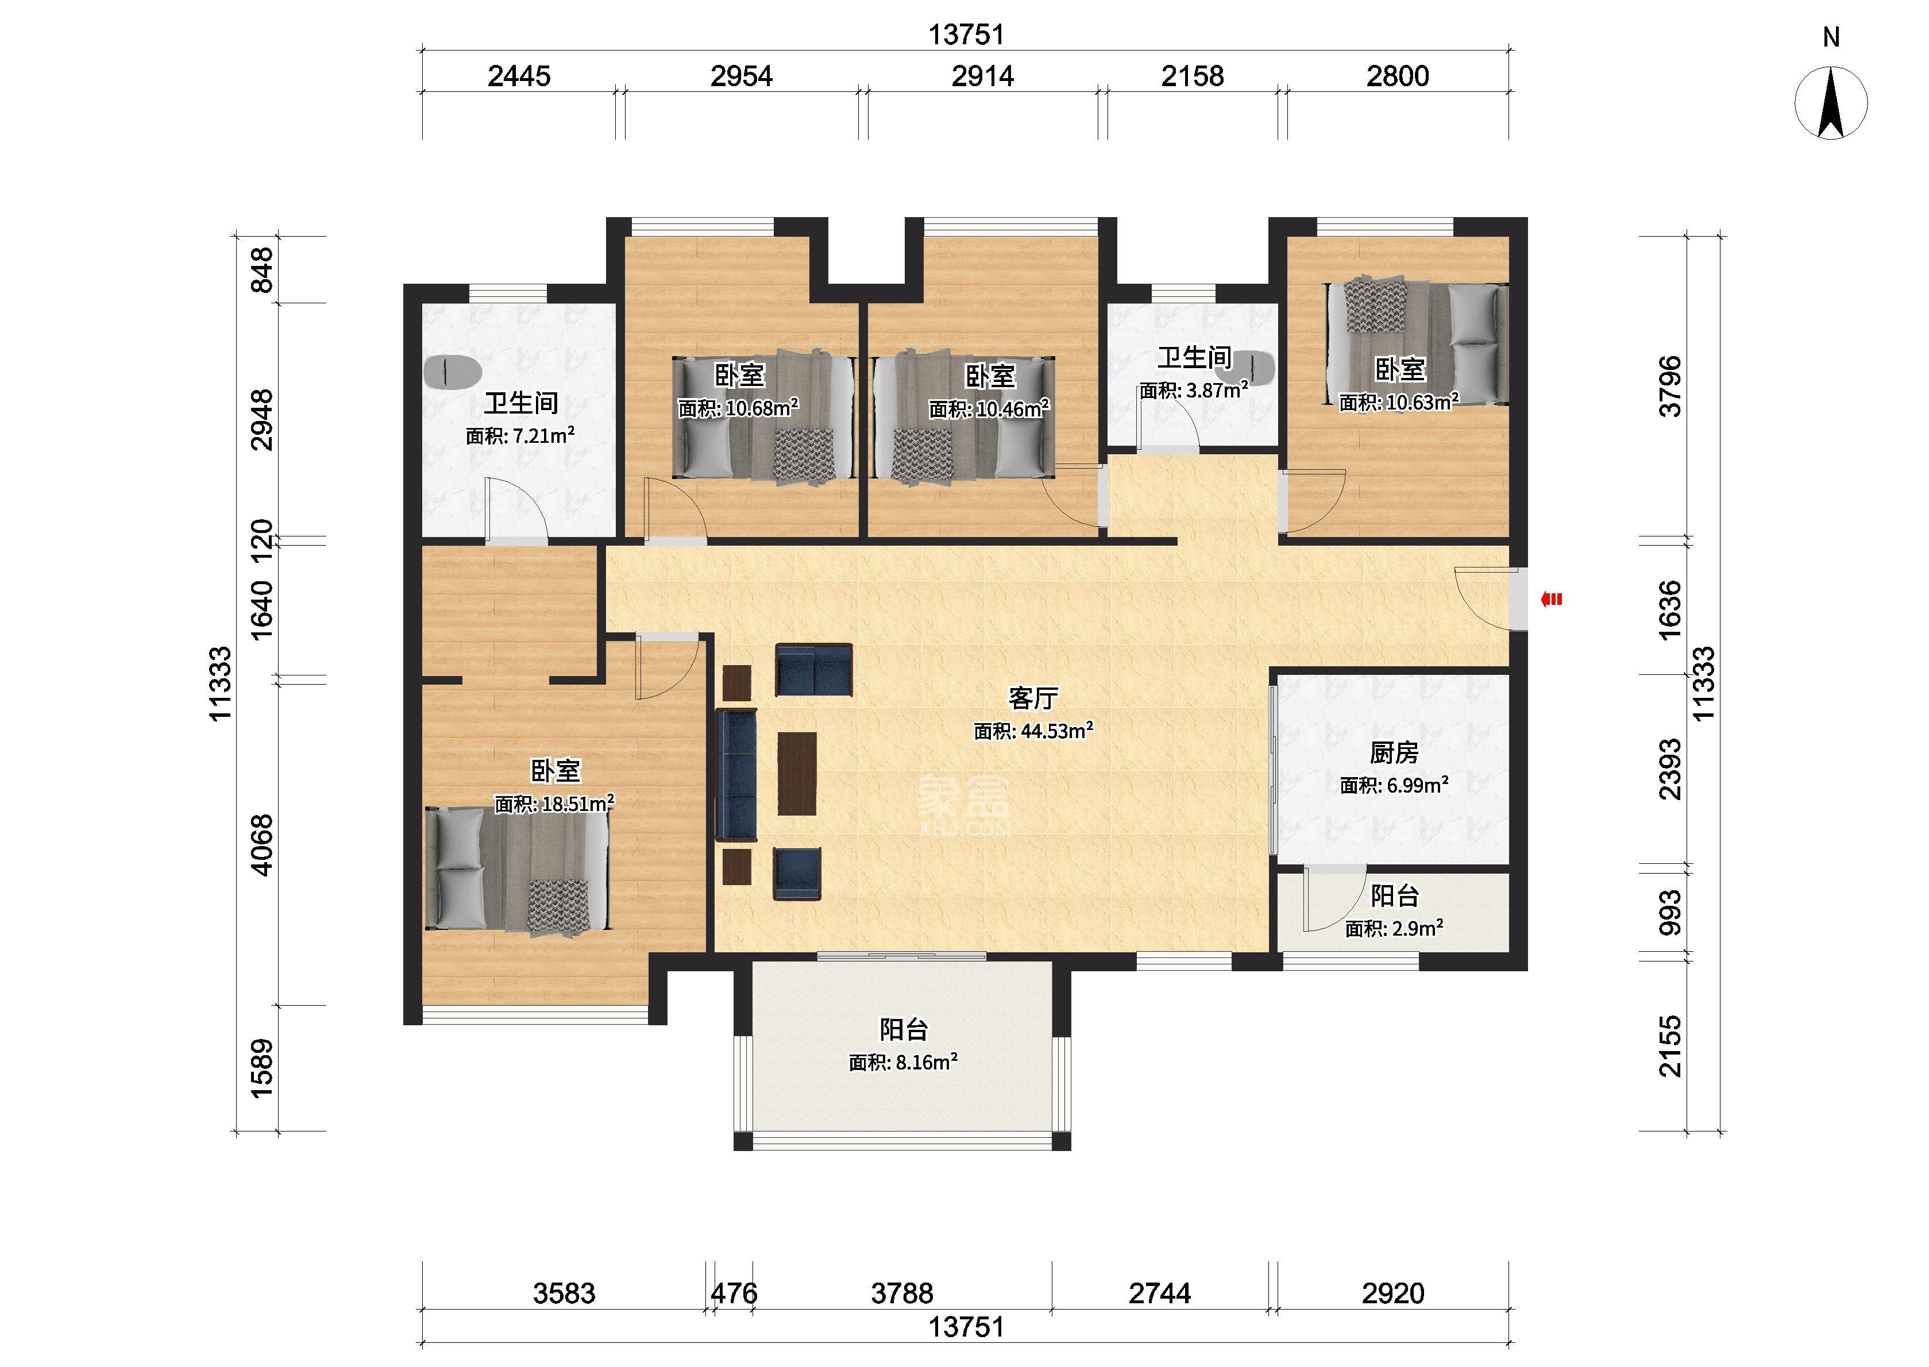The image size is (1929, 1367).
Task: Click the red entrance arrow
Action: pyautogui.click(x=1551, y=599)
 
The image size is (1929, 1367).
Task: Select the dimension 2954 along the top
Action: pyautogui.click(x=742, y=76)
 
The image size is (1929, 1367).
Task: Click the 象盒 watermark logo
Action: pyautogui.click(x=964, y=801)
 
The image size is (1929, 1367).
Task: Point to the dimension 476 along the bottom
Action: pyautogui.click(x=734, y=1293)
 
